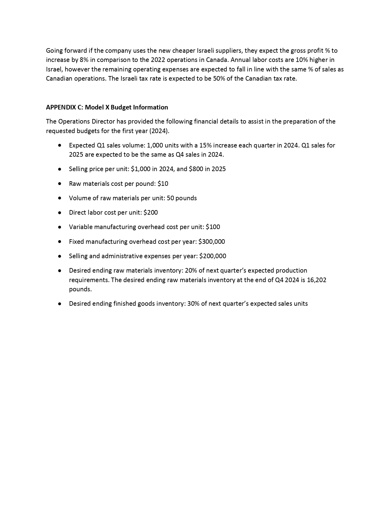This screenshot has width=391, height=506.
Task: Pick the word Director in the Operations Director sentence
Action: (x=103, y=121)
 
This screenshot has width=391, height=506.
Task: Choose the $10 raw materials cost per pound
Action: (x=163, y=184)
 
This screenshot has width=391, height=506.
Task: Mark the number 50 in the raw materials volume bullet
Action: (x=170, y=198)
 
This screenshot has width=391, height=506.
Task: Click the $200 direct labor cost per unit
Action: (x=151, y=213)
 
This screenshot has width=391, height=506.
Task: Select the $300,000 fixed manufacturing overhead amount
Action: (x=212, y=242)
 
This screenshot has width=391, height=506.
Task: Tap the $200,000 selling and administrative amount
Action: (x=213, y=256)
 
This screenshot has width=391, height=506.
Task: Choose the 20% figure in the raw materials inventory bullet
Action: (x=191, y=270)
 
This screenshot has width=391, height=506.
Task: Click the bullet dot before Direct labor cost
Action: (x=59, y=213)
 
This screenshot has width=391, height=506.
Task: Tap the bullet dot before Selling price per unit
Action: (x=59, y=169)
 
